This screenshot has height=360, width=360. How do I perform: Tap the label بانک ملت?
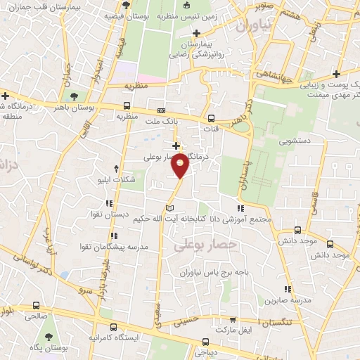tap(162, 122)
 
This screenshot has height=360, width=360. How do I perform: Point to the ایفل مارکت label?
tap(233, 328)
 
